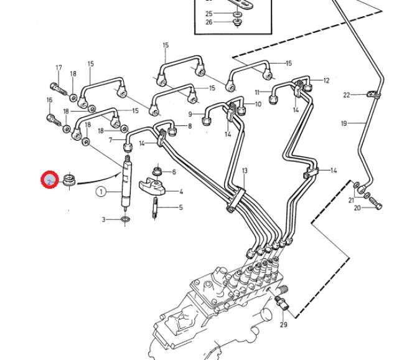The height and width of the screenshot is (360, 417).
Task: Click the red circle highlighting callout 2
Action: (x=49, y=181)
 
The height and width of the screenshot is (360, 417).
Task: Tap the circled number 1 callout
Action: (x=101, y=192)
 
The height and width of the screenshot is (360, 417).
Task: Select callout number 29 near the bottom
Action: (x=284, y=324)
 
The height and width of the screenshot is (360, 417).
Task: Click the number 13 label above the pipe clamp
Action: (x=245, y=171)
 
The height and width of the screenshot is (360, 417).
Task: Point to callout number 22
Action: (x=347, y=95)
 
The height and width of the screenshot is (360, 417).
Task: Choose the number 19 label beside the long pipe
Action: (x=344, y=124)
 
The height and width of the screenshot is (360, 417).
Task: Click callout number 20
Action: (x=357, y=208)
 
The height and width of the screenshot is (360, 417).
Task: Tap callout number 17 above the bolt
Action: (x=59, y=68)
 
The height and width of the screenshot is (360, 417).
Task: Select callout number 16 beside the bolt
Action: (x=49, y=100)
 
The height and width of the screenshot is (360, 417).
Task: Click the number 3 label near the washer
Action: (x=105, y=220)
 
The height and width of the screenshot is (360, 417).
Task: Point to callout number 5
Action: (x=181, y=207)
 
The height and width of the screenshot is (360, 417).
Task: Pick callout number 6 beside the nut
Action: (x=174, y=172)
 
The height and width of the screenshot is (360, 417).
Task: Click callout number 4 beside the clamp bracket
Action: (x=181, y=192)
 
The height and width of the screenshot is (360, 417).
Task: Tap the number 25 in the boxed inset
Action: (x=208, y=13)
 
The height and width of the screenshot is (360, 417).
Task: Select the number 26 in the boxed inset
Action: (x=208, y=22)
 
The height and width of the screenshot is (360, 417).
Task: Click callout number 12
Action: (x=326, y=80)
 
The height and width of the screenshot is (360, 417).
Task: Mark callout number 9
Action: (x=190, y=115)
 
